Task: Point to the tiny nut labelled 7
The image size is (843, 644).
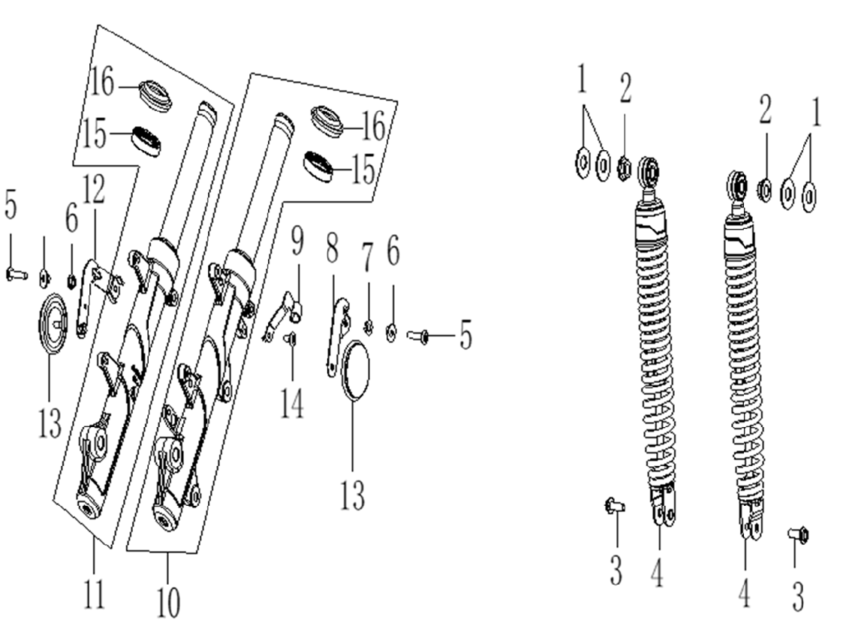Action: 368,325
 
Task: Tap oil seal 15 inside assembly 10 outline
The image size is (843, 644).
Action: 319,165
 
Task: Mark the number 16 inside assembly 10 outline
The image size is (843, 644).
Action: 369,127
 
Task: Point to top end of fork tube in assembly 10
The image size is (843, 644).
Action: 280,120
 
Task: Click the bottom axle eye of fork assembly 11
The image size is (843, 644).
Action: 89,510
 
